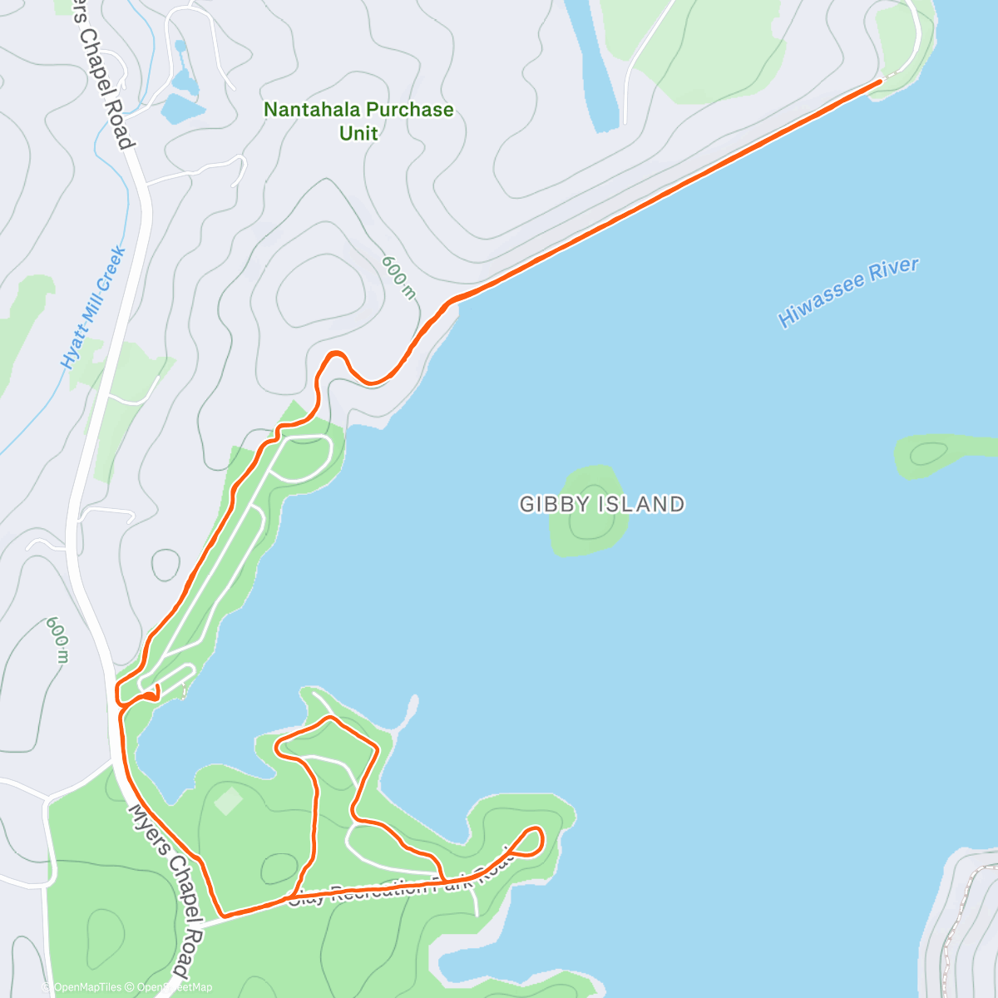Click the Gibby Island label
[x=602, y=504]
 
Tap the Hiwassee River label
[x=848, y=292]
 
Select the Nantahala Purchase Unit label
[x=358, y=121]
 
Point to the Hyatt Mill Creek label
[x=93, y=308]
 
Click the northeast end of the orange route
[x=880, y=82]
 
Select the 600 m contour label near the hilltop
[x=398, y=277]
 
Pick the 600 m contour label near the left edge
[x=57, y=640]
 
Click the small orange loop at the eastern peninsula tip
[x=532, y=840]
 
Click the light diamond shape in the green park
[x=228, y=801]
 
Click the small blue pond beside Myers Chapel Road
[x=182, y=106]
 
